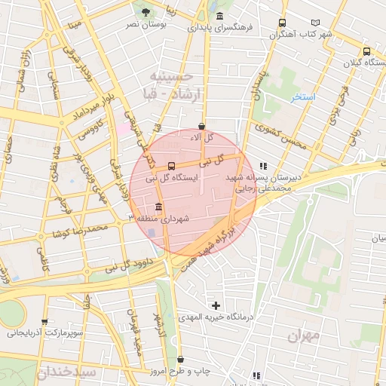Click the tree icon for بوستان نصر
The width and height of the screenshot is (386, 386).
point(146,12)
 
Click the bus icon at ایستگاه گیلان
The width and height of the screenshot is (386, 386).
point(366,51)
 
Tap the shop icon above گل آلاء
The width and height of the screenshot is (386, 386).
point(201,126)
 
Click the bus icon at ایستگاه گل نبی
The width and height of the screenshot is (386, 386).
point(172,166)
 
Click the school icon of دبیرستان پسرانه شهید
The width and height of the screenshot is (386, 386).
point(262,166)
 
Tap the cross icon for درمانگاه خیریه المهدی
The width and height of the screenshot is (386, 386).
point(216,305)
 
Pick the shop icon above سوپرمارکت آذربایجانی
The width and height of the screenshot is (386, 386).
point(45,321)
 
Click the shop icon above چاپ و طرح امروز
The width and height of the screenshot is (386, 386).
point(180,360)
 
